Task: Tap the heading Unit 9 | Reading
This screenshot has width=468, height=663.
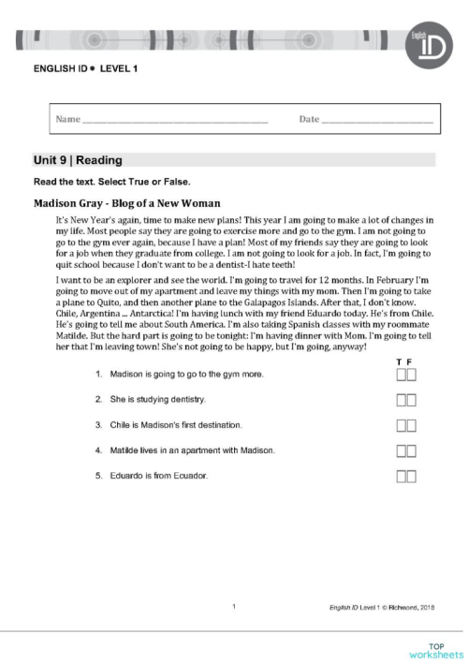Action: click(x=79, y=161)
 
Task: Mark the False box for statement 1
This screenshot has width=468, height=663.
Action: click(x=412, y=376)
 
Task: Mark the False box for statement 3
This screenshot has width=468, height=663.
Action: click(x=412, y=426)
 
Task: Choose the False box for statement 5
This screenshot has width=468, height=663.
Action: click(x=412, y=477)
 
